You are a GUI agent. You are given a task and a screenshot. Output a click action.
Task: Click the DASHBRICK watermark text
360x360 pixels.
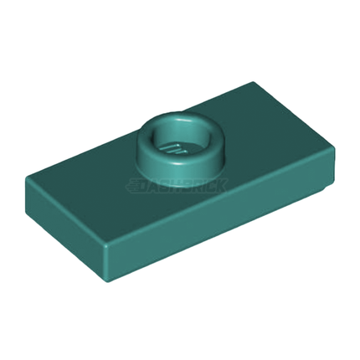(x=178, y=187)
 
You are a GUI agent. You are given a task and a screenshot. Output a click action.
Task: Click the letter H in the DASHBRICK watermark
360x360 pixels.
(x=173, y=187)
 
